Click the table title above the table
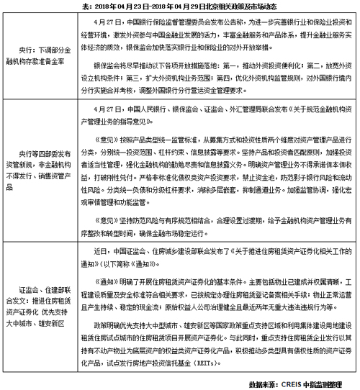click(x=180, y=6)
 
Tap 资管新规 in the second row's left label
click(x=31, y=168)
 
